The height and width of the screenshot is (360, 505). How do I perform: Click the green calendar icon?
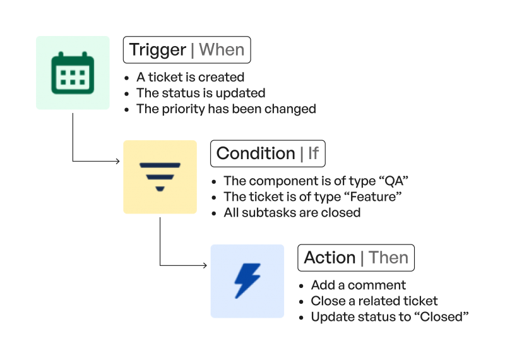point(73,73)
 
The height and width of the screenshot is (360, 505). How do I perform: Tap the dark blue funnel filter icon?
point(160,176)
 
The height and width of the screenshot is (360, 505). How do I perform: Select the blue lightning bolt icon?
point(247,281)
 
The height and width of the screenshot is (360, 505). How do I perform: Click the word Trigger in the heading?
point(158,50)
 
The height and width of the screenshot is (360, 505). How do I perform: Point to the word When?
point(222,50)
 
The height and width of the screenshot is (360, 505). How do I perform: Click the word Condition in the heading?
point(256,153)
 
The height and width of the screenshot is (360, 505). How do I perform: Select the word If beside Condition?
point(313,153)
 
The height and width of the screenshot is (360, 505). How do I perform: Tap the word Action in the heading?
point(330,258)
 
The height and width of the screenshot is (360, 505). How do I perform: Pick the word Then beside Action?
point(388,258)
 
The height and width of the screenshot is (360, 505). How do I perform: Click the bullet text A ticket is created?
point(190,78)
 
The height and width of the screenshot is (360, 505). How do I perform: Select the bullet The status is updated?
point(201,93)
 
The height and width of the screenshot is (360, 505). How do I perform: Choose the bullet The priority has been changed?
point(226,109)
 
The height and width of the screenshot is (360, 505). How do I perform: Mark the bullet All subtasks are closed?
point(292,213)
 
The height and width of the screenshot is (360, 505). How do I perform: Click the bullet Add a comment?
point(358,285)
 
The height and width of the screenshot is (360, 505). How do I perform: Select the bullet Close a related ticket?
point(374,301)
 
